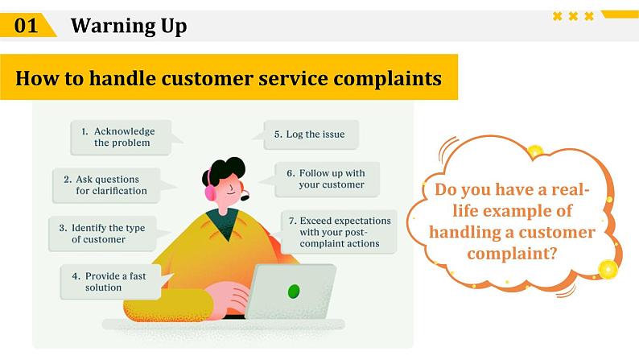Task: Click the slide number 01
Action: coord(27,26)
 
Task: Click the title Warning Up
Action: coord(129,26)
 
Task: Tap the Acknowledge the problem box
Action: coord(122,137)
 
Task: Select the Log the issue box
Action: coord(311,134)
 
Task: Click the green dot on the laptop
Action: coord(294,291)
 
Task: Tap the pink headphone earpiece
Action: coord(210,192)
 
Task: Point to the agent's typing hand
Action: coord(229,299)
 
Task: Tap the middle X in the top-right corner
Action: coord(573,16)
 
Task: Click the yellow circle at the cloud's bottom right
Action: coord(608,269)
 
